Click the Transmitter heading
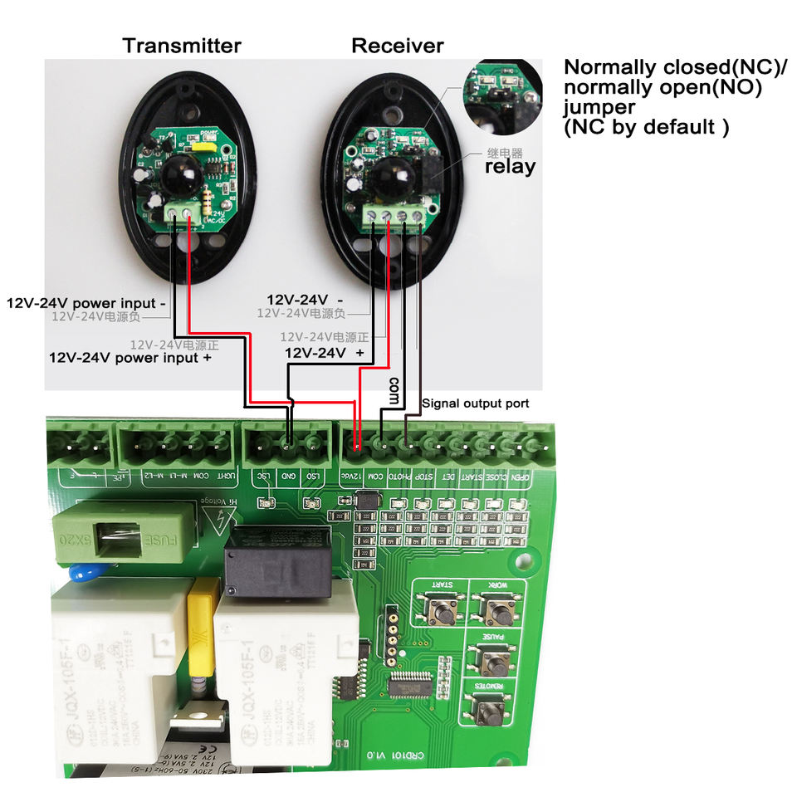(182, 45)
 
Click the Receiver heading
(398, 45)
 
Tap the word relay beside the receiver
(510, 166)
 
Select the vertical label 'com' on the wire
(394, 389)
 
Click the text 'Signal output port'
(476, 403)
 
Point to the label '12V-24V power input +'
(130, 358)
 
